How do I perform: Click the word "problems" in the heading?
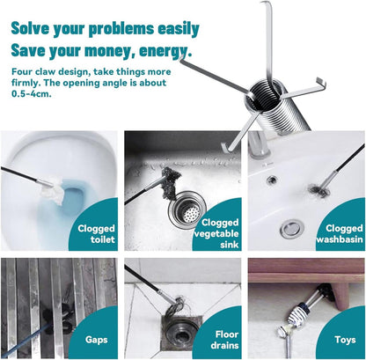point(121,29)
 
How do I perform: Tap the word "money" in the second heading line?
point(109,51)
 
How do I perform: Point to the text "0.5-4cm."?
point(32,94)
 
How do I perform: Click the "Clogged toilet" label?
point(96,234)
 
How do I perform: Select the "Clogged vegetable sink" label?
point(216,233)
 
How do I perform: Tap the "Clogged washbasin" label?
point(340,233)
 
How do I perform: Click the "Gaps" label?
point(97,340)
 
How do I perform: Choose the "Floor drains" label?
point(224,340)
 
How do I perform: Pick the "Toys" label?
point(345,340)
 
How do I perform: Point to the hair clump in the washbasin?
point(318,190)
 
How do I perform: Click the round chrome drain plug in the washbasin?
point(290,229)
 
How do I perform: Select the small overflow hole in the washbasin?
point(273,179)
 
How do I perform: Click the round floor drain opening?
point(178,333)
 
